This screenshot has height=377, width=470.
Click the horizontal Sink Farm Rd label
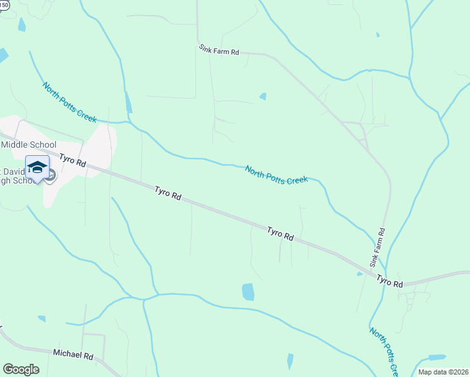pos(219,50)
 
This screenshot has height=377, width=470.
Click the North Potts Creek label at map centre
pos(276,175)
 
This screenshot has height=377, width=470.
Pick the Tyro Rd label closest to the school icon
pos(73,160)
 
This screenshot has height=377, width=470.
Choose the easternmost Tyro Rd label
pos(390,282)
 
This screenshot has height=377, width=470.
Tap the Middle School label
pos(28,145)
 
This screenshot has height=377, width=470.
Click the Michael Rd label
pos(73,354)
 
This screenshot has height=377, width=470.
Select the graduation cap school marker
pos(37,168)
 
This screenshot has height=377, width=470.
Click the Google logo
pos(21,369)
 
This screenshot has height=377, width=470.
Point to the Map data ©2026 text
pos(442,371)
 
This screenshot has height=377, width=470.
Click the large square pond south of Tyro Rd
pos(248,292)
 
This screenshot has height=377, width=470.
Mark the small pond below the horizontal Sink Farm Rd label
pos(263,97)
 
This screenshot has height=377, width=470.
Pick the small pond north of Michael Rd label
pos(41,319)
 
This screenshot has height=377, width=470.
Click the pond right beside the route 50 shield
pos(22,25)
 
